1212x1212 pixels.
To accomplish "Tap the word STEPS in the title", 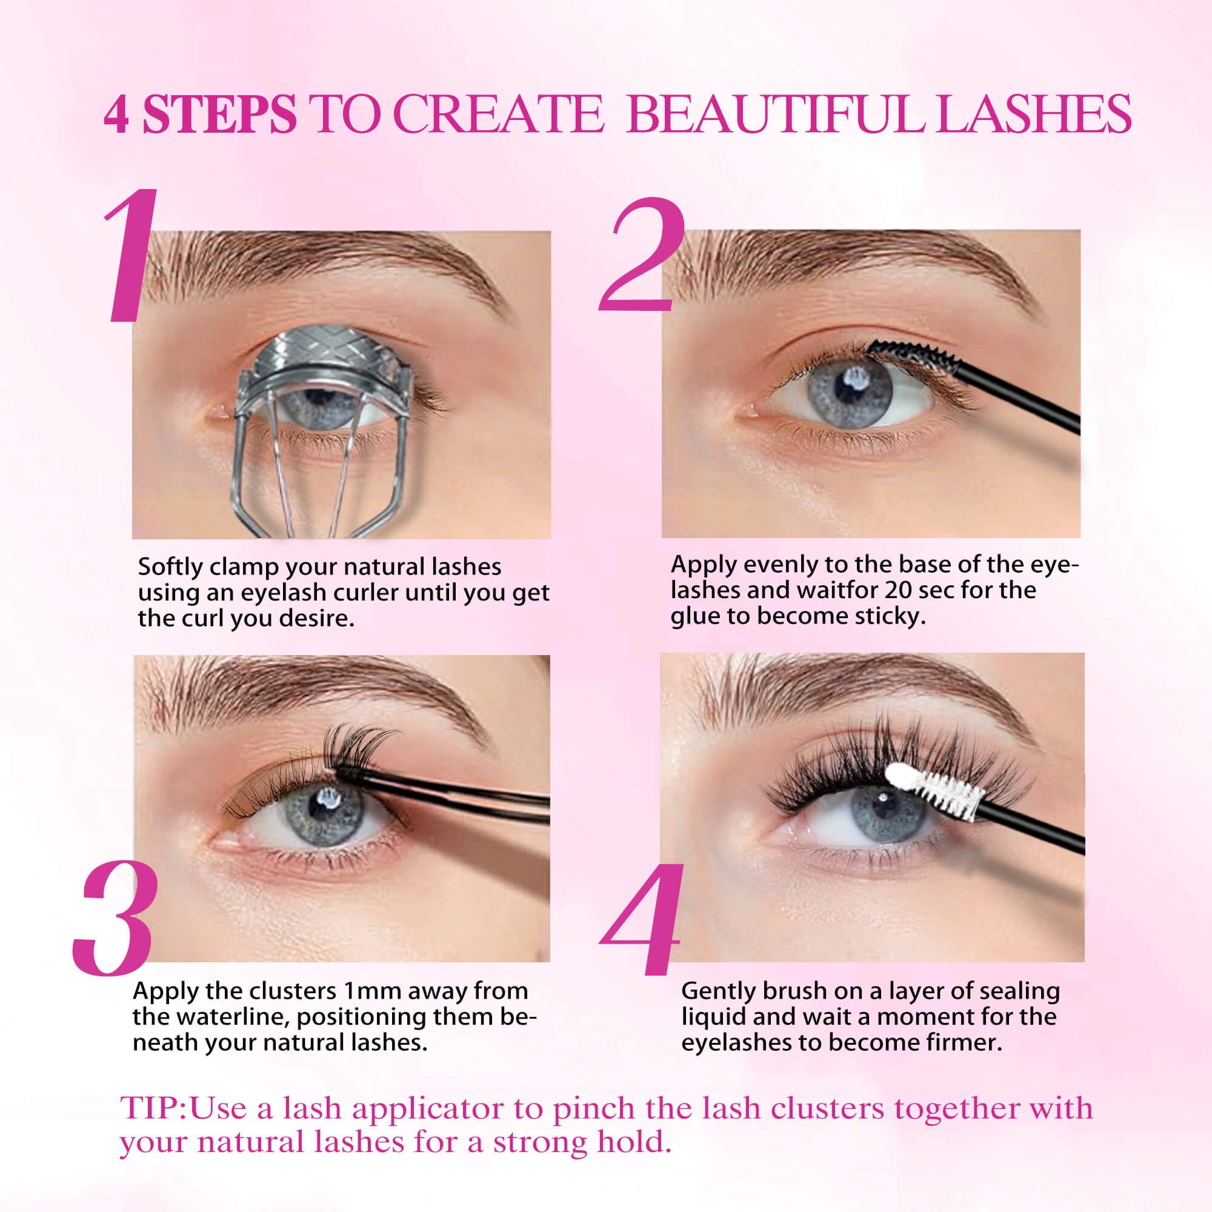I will [219, 115].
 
